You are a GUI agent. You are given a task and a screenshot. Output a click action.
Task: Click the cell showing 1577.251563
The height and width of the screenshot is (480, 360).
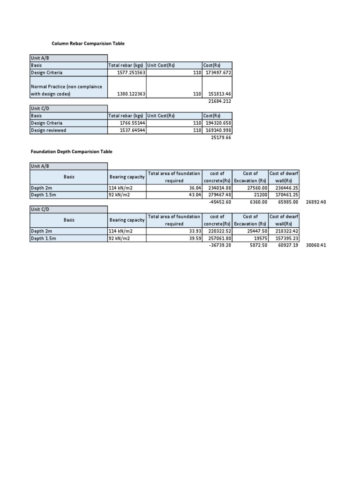click(133, 73)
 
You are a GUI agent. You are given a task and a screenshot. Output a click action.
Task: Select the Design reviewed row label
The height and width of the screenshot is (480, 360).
click(49, 130)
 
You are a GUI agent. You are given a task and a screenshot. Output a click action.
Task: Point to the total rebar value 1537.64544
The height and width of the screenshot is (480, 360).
click(133, 130)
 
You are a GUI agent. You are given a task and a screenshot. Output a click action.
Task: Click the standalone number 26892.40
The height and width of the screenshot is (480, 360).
click(316, 202)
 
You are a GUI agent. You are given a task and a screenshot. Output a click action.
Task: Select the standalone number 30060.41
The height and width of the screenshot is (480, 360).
click(316, 245)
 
